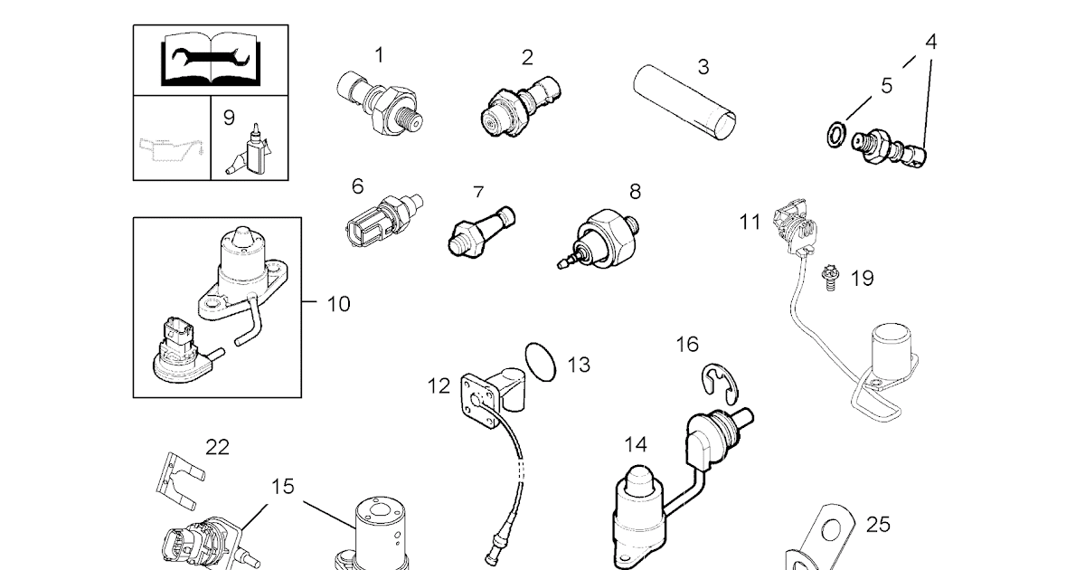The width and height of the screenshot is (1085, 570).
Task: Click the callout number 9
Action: point(229,117)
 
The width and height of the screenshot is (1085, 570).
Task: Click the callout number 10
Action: point(337,304)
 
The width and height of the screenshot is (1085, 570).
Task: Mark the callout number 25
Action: point(877,524)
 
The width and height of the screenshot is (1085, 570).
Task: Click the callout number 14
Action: point(636,444)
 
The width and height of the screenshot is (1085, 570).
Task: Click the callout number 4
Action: point(930,41)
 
